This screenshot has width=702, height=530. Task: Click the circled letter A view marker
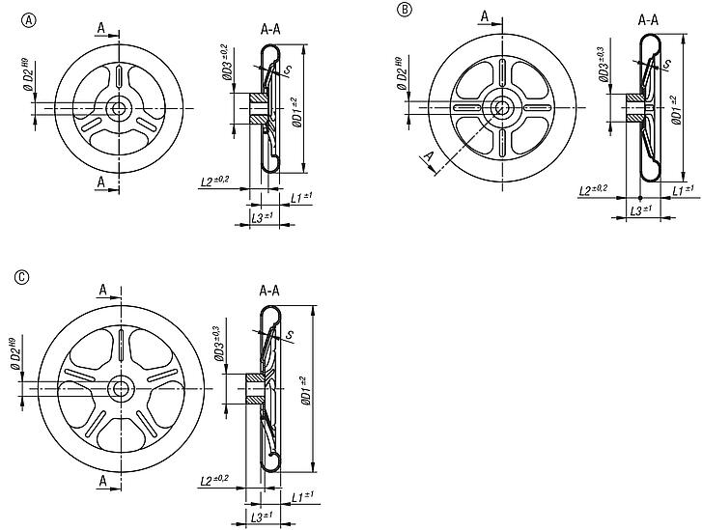point(30,19)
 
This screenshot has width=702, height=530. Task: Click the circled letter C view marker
point(21,277)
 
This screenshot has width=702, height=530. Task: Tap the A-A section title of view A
point(270,30)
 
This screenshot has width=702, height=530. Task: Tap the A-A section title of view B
point(649,18)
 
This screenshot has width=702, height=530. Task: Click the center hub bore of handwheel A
point(121,108)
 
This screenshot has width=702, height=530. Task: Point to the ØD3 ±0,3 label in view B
point(604,62)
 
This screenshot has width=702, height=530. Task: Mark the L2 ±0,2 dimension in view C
point(213,480)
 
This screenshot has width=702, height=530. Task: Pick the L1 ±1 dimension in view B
point(683,189)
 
